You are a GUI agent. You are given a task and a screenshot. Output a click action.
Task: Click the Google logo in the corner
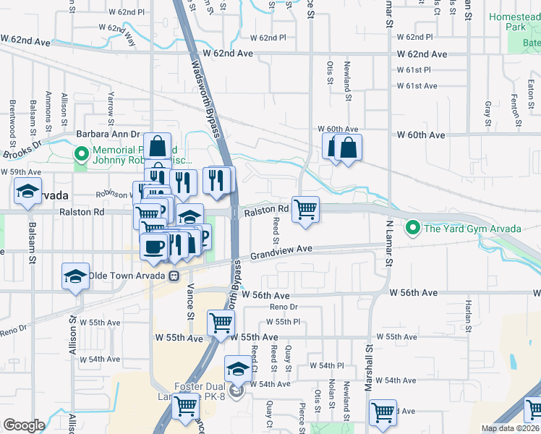24,425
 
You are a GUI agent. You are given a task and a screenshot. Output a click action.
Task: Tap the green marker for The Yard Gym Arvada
412,229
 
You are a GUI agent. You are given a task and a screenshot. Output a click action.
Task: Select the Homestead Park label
514,21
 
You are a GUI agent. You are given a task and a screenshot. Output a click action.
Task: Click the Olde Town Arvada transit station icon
174,276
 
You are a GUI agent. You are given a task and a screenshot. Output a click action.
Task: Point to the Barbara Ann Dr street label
108,134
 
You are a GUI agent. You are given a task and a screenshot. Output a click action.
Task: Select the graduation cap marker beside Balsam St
28,193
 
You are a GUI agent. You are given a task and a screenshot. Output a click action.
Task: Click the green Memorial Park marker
81,154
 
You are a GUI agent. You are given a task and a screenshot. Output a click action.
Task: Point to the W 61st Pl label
413,70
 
